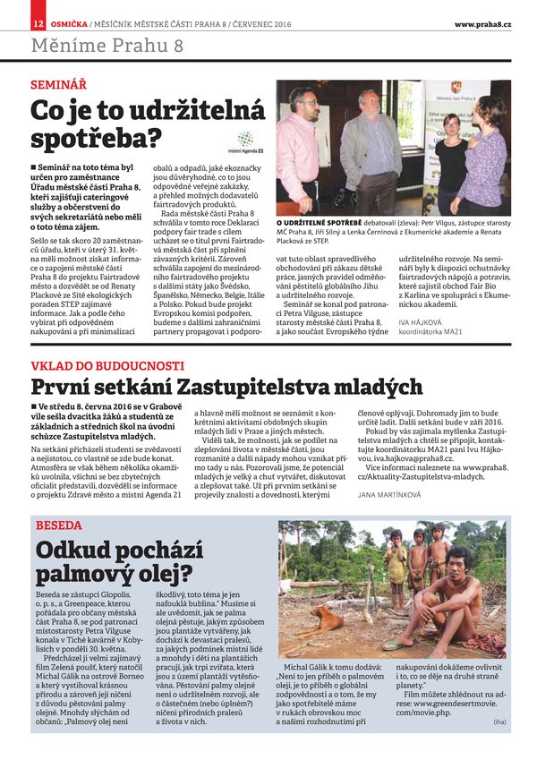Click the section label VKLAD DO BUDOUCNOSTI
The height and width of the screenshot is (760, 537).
point(107,366)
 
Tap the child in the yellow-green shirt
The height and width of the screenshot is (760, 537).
point(396,565)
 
